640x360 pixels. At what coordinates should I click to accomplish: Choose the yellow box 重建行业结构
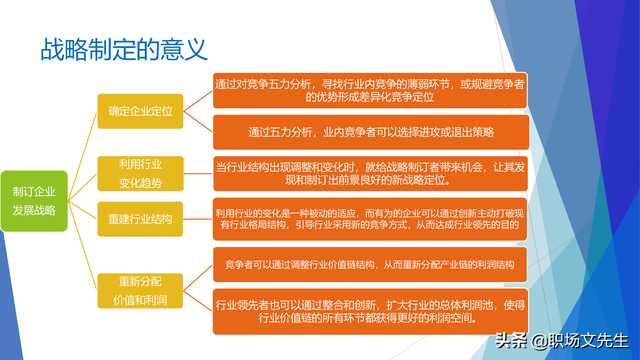point(140,218)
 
